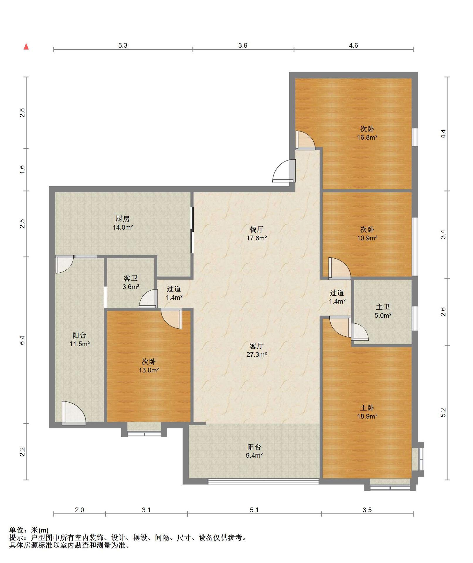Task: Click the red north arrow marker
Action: (26, 46)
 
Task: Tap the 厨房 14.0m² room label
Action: (123, 223)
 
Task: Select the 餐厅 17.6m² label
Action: (256, 234)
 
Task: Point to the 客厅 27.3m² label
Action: (256, 350)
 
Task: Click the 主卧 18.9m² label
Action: (367, 412)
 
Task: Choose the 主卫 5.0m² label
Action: (383, 311)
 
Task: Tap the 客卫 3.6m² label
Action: (130, 282)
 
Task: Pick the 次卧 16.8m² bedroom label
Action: (367, 133)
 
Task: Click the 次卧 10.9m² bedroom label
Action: (367, 233)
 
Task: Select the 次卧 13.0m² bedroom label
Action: (149, 366)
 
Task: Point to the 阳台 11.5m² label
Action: (79, 340)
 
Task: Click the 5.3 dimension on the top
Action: (123, 45)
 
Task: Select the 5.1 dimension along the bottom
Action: (254, 510)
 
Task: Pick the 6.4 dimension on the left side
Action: (23, 340)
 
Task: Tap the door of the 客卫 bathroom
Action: (148, 299)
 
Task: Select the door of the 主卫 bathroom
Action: (360, 332)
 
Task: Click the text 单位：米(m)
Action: (29, 530)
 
